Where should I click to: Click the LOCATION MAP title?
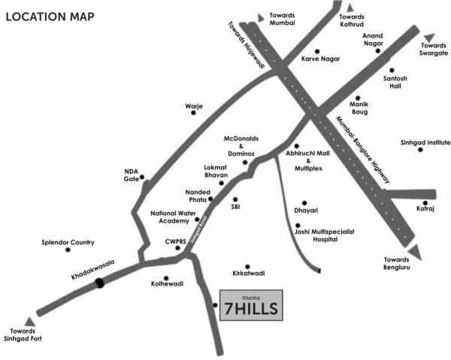(x=50, y=16)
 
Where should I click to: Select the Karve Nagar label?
(x=320, y=59)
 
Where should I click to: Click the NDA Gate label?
(x=132, y=175)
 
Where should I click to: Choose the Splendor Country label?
(x=68, y=243)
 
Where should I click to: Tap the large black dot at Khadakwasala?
(x=100, y=284)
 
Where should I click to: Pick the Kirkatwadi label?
(x=248, y=273)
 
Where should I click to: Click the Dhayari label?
(x=305, y=212)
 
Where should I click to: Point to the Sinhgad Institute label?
(x=424, y=142)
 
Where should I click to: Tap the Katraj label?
(x=426, y=211)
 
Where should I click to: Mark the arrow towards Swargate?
(x=428, y=36)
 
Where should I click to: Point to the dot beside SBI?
(x=235, y=199)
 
